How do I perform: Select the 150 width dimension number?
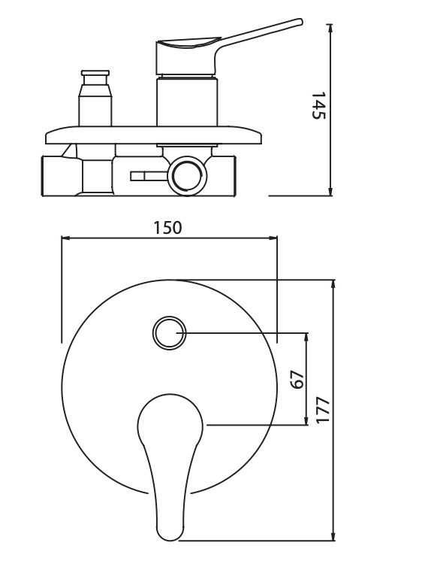pos(167,227)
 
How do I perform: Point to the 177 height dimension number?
pos(323,410)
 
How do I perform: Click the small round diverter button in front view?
pos(168,332)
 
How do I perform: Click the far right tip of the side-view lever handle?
pos(300,23)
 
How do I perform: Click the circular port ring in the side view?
pos(185,176)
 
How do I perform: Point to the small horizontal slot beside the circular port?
pos(147,177)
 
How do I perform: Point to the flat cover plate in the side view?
pos(154,135)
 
